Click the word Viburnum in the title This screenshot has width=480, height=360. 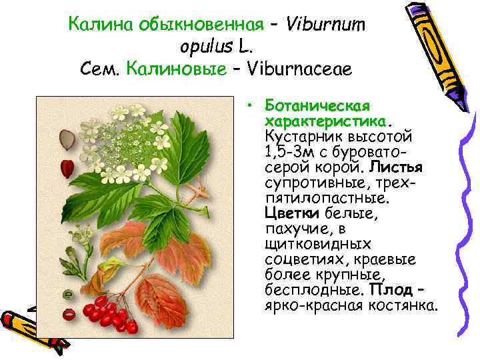coord(325,25)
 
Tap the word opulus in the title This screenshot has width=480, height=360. coord(204,47)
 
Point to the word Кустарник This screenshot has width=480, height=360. coord(301,137)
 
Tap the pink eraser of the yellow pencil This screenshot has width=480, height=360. coord(406,9)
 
